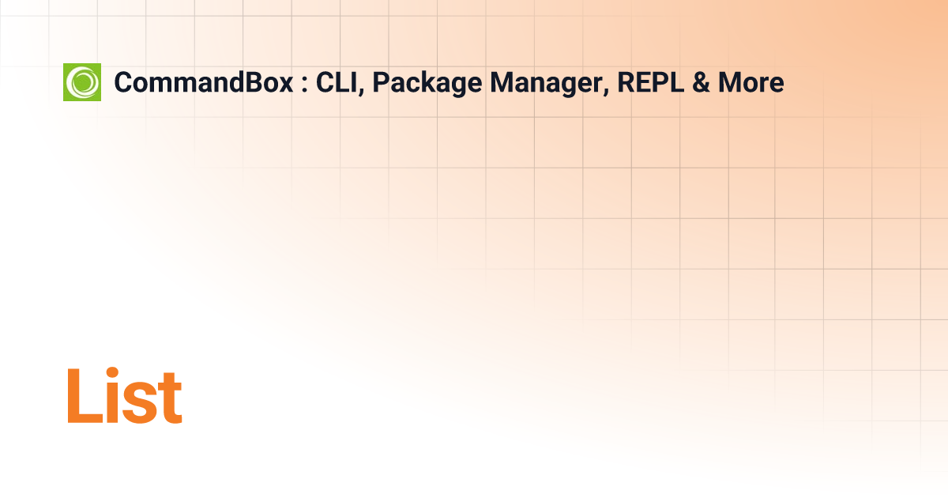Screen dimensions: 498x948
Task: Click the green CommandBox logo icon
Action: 82,82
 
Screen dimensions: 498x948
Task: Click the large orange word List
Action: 124,395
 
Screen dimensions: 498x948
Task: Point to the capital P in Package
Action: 379,82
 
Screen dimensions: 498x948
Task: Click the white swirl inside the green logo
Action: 82,82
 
